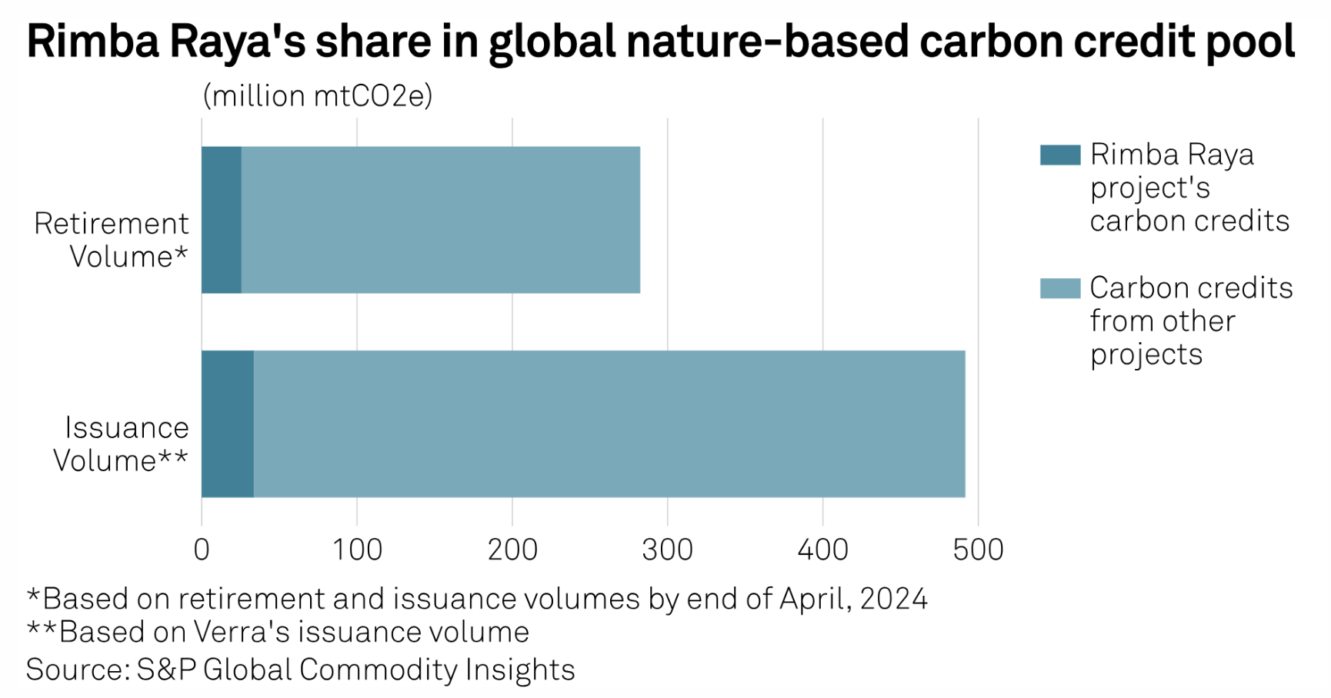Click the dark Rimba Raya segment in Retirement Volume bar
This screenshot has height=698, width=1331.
click(x=222, y=220)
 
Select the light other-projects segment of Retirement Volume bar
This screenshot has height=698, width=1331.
click(x=440, y=220)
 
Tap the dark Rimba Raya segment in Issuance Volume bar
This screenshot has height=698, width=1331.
click(x=228, y=424)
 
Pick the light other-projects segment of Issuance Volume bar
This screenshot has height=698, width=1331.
click(x=609, y=424)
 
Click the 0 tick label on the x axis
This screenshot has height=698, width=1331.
click(x=202, y=550)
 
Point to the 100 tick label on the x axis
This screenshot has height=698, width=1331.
click(x=357, y=550)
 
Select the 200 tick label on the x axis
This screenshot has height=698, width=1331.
click(x=512, y=550)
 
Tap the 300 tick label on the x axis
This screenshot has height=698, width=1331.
click(x=668, y=550)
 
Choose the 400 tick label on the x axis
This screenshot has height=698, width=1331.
click(x=822, y=550)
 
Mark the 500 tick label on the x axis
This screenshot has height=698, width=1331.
click(x=978, y=550)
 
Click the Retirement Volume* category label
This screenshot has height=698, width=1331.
click(x=112, y=240)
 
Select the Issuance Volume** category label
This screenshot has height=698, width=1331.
click(x=122, y=444)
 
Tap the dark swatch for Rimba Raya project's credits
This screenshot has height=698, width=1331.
click(x=1059, y=155)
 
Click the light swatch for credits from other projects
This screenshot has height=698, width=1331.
click(x=1059, y=288)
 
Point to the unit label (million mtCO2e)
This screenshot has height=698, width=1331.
click(x=318, y=96)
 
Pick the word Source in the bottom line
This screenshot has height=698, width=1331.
click(x=75, y=670)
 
